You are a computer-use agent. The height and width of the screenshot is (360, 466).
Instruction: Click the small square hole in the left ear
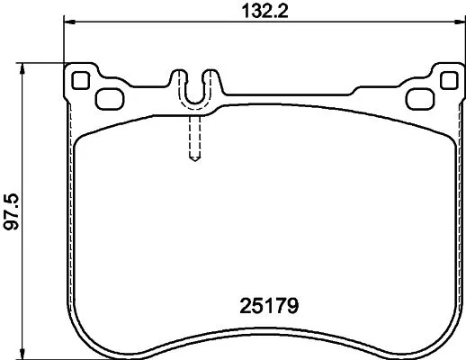tap(80, 79)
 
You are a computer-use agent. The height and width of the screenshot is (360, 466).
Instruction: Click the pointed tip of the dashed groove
tap(194, 163)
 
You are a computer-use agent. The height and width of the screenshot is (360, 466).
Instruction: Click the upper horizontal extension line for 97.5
tap(45, 62)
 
